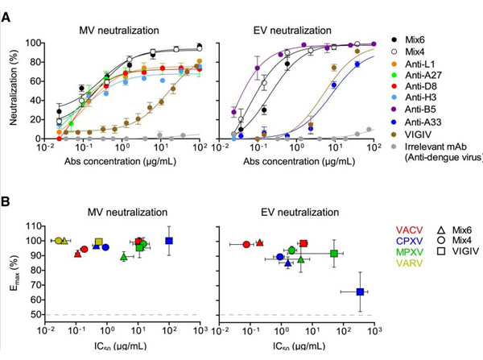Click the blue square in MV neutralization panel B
[x=169, y=241]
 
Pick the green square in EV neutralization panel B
[x=334, y=254]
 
